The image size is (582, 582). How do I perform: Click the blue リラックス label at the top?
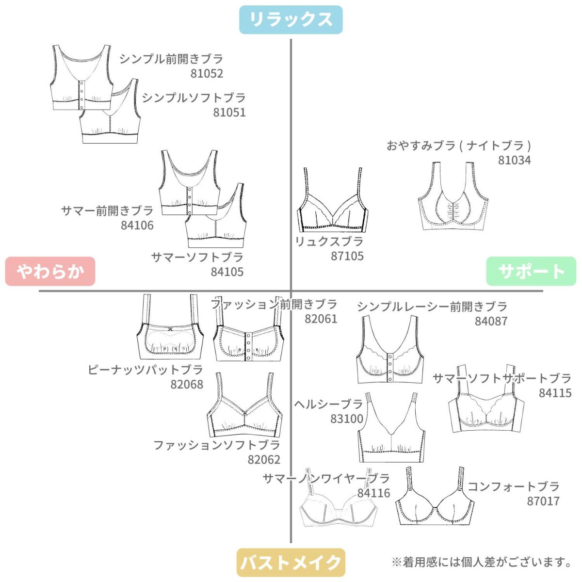coord(291,19)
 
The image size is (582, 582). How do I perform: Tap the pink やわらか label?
coord(50,271)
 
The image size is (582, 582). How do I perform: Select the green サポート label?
coord(531,271)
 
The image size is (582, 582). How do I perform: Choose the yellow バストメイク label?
coord(291,563)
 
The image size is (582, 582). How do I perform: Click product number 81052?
coord(207,74)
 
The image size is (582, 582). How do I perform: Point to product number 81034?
coord(514,160)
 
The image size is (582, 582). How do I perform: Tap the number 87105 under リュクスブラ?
coord(347,256)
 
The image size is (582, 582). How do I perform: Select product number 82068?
coord(187,385)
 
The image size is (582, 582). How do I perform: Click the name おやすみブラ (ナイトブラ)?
coord(458,145)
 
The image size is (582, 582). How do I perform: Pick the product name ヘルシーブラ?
coord(328,404)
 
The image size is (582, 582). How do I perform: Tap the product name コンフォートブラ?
coord(513,486)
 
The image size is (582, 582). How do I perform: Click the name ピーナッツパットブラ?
coord(145,370)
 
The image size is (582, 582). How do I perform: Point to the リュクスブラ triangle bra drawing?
coord(332,204)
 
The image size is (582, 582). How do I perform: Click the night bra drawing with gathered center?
coord(452,199)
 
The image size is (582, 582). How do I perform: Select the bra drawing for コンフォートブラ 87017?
coord(435,500)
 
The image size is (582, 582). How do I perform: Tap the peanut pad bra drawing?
coord(169,330)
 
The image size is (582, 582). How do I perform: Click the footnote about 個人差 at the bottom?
coord(482,562)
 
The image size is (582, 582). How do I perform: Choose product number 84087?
coord(491,321)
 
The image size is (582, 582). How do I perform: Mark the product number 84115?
coord(555,393)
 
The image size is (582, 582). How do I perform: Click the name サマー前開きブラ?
coord(107,210)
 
